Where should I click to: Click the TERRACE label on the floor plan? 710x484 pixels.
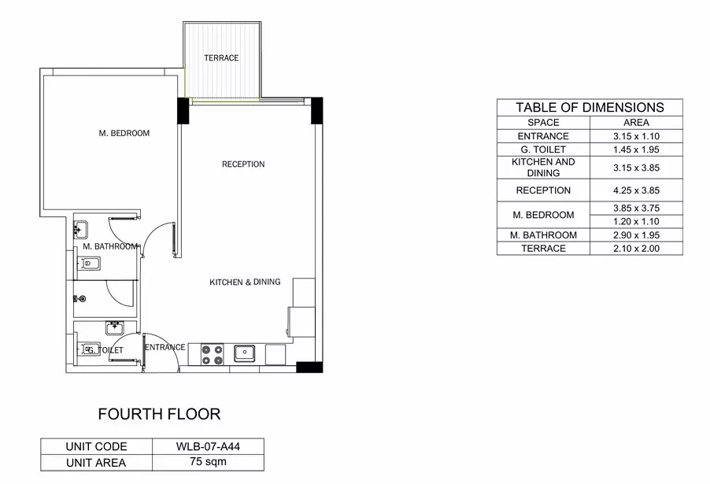click(221, 58)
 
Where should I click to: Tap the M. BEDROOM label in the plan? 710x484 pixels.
click(124, 133)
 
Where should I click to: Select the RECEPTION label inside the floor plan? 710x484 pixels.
click(243, 164)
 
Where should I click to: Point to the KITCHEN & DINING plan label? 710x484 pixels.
click(245, 282)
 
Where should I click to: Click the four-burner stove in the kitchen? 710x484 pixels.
click(213, 354)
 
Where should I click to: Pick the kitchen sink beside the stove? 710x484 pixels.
click(245, 353)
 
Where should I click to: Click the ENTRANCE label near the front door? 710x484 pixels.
click(165, 347)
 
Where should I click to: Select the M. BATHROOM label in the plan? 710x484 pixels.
click(110, 246)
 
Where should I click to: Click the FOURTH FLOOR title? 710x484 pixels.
click(159, 414)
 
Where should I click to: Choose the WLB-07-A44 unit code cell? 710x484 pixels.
click(208, 446)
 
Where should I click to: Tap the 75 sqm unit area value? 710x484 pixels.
click(208, 462)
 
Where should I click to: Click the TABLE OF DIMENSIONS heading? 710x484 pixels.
click(590, 107)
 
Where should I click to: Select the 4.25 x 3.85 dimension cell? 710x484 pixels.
click(636, 190)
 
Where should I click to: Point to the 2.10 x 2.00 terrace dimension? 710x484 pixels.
click(636, 248)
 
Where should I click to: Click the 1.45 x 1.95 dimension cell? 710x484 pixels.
click(636, 150)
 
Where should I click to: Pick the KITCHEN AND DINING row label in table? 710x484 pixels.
click(543, 168)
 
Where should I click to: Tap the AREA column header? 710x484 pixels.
click(636, 122)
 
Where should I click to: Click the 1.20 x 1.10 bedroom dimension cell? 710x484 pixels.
click(636, 221)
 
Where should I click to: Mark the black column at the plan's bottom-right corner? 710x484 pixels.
click(309, 368)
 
